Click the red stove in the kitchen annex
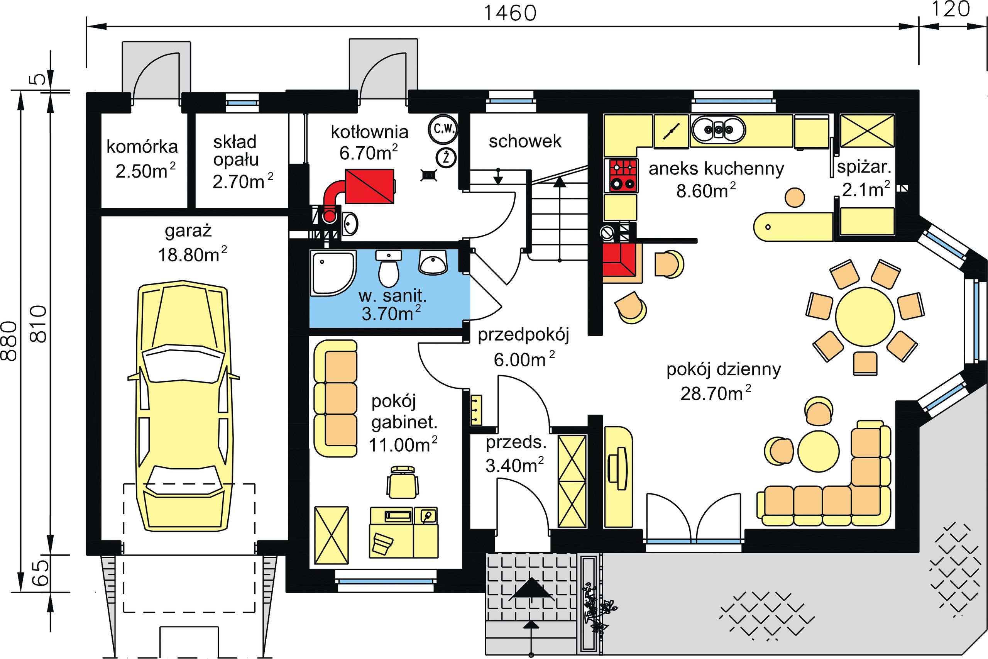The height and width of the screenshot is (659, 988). [x=621, y=176]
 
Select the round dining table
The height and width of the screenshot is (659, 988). [x=865, y=316]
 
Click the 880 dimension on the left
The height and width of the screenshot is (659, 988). [x=9, y=341]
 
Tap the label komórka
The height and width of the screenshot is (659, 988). [x=142, y=147]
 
